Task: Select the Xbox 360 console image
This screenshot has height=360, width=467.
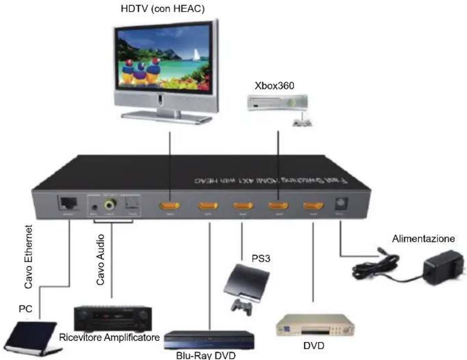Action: click(x=278, y=105)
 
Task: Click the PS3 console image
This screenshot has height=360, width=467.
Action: click(x=246, y=282)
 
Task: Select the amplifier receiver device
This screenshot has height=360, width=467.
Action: click(x=111, y=318)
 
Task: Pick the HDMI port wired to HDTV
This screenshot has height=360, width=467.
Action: click(x=170, y=206)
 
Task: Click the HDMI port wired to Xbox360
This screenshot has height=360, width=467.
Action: click(x=278, y=206)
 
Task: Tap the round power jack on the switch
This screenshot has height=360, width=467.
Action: click(x=340, y=206)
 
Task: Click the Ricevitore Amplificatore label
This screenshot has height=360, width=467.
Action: click(x=109, y=337)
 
